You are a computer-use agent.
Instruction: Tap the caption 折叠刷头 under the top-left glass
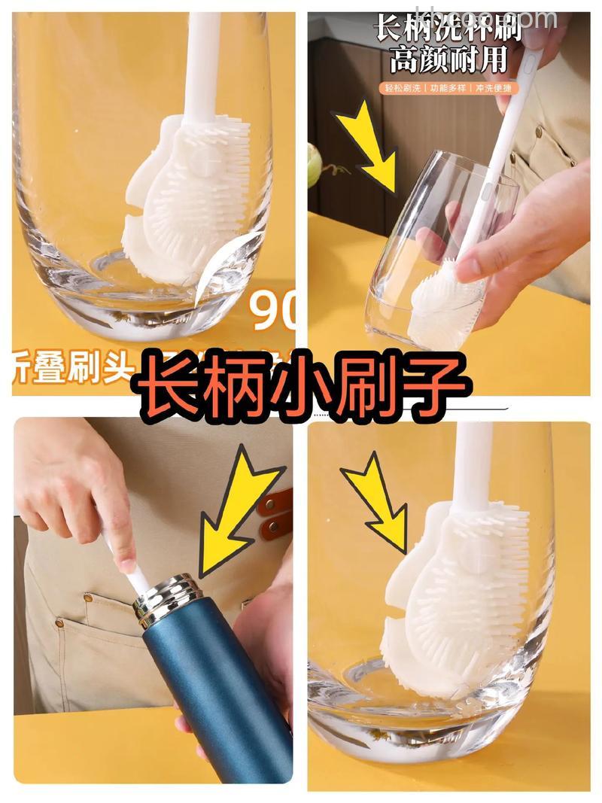[x=71, y=368]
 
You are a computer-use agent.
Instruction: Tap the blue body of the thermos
[x=218, y=700]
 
